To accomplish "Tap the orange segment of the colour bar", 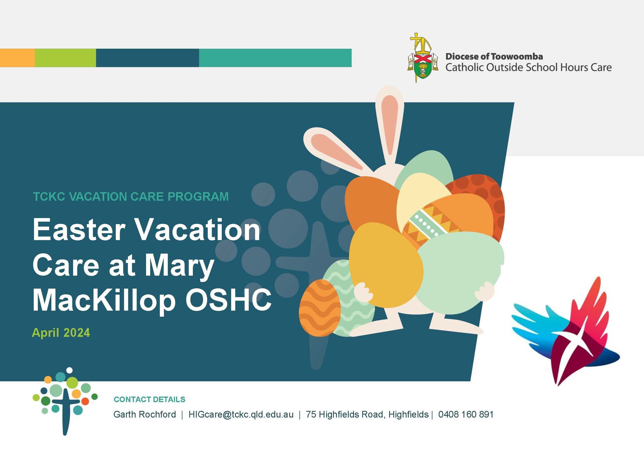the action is click(18, 58).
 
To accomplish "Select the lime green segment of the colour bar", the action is click(65, 58).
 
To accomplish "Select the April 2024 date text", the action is click(61, 333).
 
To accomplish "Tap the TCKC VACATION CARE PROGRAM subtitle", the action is click(131, 196).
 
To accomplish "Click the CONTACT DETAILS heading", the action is click(149, 399).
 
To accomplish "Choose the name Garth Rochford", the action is click(145, 414).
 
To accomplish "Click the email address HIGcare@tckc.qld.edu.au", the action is click(241, 414).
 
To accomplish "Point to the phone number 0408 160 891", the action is click(465, 414).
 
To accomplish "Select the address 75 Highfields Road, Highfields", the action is click(367, 414).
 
